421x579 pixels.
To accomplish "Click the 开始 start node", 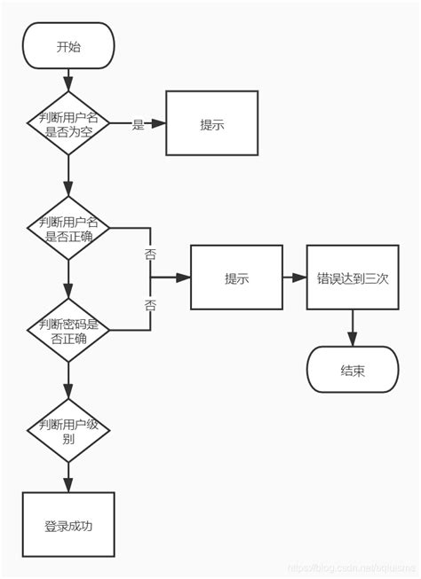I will [68, 46].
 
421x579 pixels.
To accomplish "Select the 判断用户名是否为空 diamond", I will [68, 123].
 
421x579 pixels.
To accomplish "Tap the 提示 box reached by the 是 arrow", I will [211, 123].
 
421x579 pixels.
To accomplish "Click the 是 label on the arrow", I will [138, 125].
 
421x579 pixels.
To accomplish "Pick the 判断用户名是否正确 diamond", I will [68, 228].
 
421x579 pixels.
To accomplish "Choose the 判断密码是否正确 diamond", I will [68, 330].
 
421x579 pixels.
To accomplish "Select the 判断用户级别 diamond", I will [68, 429].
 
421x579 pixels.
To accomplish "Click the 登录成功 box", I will [68, 525].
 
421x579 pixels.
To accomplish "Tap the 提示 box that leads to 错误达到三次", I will [236, 278].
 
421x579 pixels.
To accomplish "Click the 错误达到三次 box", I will [353, 278].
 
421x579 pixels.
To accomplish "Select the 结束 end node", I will [353, 370].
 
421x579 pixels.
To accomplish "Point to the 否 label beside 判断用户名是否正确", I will [150, 254].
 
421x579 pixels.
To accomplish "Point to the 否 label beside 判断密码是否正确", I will [150, 304].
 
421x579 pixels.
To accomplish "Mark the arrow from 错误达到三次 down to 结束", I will [353, 328].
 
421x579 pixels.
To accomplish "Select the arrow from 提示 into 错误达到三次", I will [294, 278].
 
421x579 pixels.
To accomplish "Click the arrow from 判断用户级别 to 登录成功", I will [68, 476].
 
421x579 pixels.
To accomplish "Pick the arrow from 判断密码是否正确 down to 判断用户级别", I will [68, 379].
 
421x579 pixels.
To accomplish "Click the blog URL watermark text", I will [355, 568].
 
